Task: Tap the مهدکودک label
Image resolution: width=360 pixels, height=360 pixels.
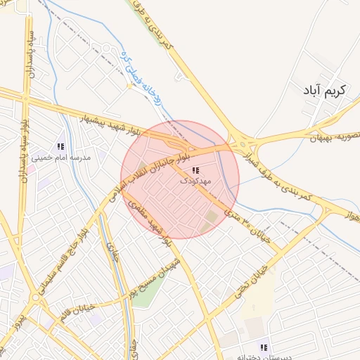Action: (x=195, y=181)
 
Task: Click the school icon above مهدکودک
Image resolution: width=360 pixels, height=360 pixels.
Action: (x=195, y=171)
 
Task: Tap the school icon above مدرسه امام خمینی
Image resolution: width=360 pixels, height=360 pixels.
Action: (x=60, y=146)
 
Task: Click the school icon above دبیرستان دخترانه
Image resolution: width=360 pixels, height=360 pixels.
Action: (x=264, y=347)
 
